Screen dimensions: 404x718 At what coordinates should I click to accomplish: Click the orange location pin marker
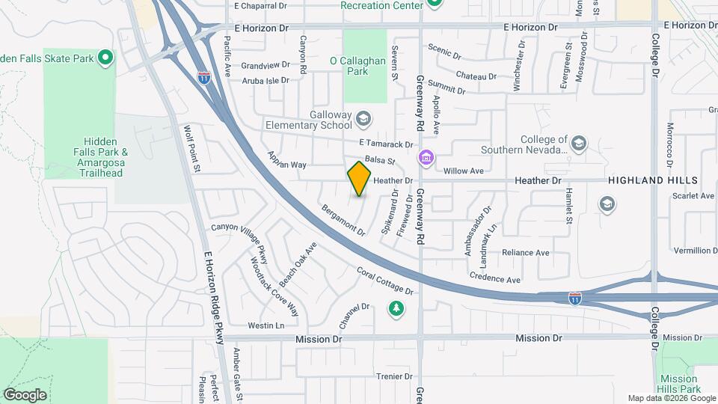[359, 178]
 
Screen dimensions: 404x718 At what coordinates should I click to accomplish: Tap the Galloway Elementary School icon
[363, 118]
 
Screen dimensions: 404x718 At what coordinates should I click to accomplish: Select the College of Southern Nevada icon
[578, 142]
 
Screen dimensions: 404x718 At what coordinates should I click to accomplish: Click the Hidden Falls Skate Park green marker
[105, 57]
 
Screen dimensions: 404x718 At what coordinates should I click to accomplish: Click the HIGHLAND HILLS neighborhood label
[652, 181]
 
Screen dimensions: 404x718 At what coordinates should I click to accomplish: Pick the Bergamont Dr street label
[343, 220]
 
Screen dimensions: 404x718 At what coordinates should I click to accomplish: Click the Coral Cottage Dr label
[384, 281]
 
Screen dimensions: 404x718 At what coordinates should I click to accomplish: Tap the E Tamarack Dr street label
[386, 144]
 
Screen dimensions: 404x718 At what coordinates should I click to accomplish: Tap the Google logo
[25, 395]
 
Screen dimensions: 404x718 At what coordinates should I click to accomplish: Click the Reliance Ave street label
[526, 253]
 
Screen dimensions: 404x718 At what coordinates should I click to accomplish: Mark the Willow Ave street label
[464, 171]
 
